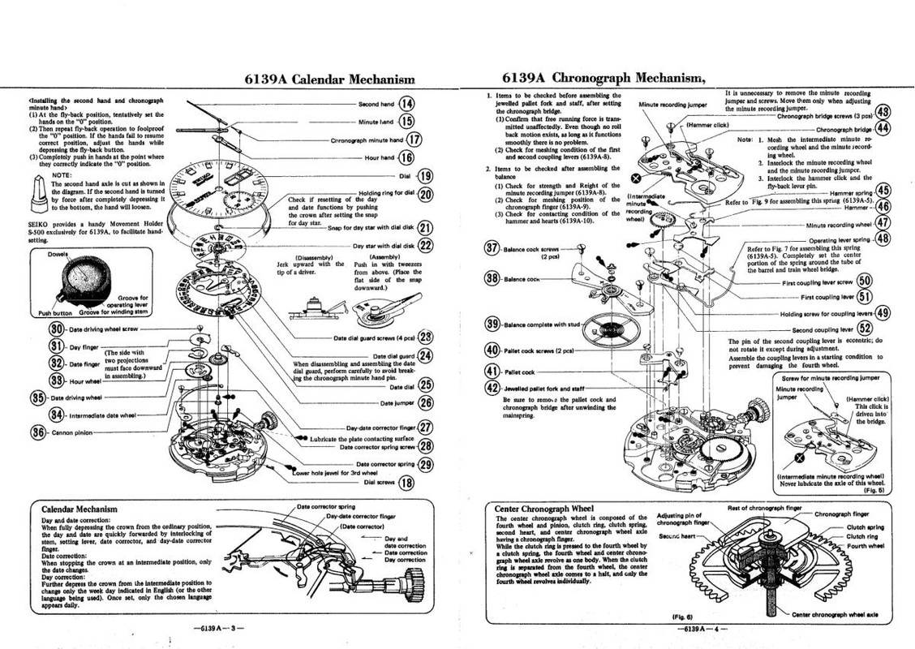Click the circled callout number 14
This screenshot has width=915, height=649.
[x=406, y=104]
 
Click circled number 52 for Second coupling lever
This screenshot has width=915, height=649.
[x=865, y=329]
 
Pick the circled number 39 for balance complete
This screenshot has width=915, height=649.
[x=492, y=324]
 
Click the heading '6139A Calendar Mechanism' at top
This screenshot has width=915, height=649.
[x=329, y=79]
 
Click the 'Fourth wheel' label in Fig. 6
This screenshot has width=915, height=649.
[x=866, y=546]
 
